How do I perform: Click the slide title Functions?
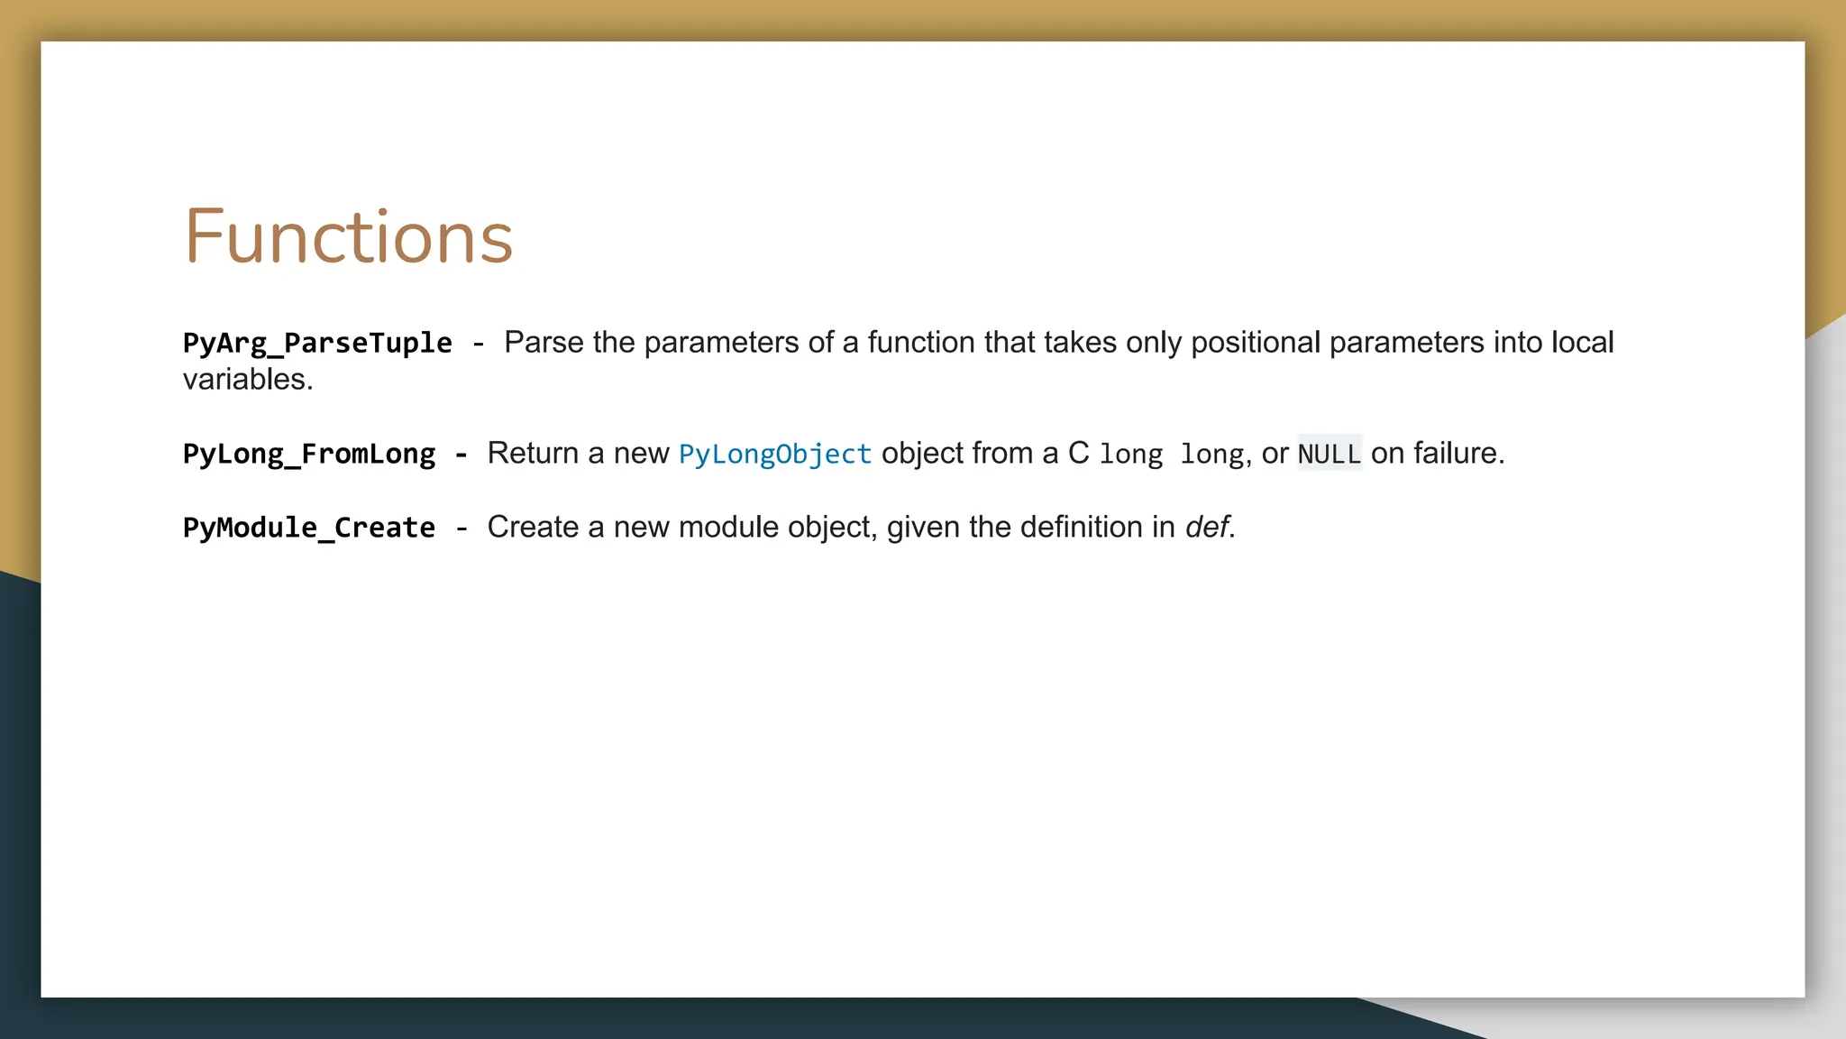coord(348,237)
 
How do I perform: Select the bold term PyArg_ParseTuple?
coord(317,344)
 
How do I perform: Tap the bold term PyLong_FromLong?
coord(309,454)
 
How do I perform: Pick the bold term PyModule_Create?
coord(309,528)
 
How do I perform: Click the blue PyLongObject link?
coord(774,454)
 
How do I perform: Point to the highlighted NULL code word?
coord(1329,454)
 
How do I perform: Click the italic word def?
coord(1207,528)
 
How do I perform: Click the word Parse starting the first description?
coord(544,343)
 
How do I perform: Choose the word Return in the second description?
coord(533,454)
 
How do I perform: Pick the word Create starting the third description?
coord(533,528)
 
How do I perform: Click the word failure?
coord(1454,454)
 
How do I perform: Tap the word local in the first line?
coord(1582,343)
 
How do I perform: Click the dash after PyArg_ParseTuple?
coord(478,344)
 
